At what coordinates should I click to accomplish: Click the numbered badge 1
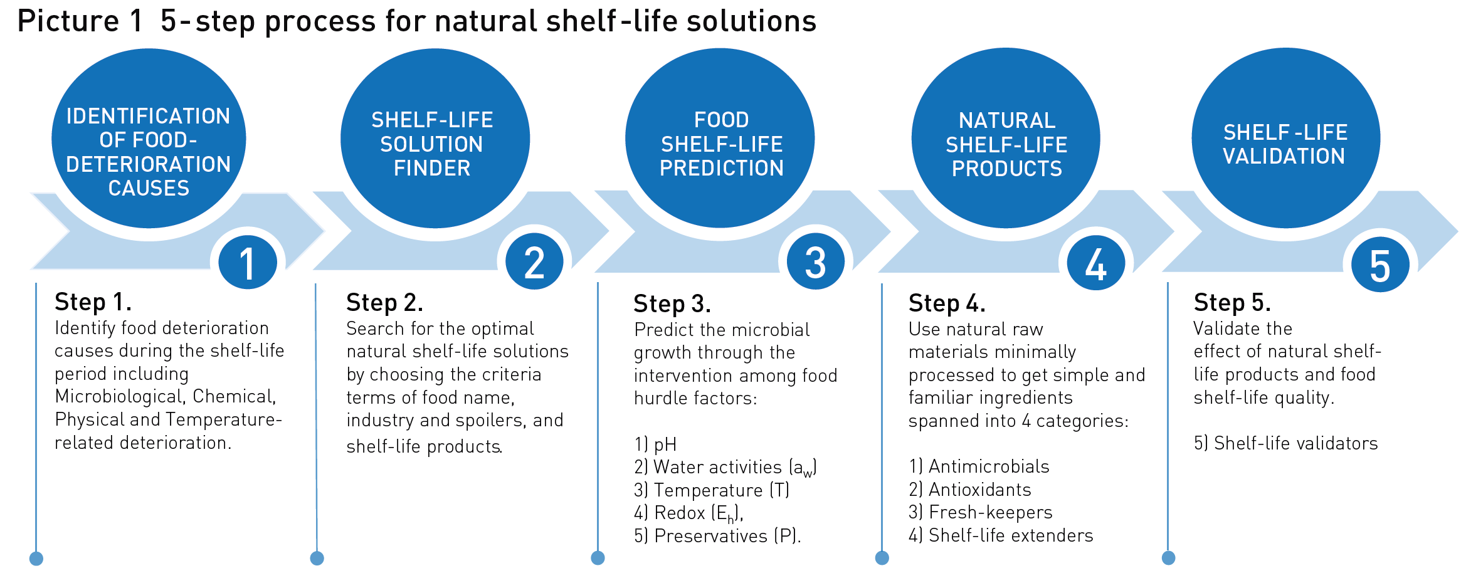tap(248, 262)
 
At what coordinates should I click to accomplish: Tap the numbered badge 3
tap(815, 262)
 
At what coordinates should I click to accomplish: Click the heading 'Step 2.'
tap(384, 303)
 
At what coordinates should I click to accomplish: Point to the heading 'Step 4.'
tap(947, 303)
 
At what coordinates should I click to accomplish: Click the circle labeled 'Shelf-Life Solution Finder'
tap(435, 139)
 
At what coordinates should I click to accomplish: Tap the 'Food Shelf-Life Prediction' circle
tap(720, 139)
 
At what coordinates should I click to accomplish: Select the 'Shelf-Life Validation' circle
tap(1285, 139)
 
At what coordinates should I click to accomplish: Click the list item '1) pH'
tap(655, 444)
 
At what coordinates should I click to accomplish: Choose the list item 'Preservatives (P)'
tap(717, 536)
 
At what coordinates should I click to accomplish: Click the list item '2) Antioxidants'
tap(970, 490)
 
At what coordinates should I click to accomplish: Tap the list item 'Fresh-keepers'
tap(981, 512)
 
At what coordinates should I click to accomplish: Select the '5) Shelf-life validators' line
tap(1285, 443)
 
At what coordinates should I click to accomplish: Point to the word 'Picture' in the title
tap(68, 21)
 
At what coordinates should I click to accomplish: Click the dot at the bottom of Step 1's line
tap(36, 559)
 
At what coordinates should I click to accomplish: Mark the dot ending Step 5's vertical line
tap(1168, 558)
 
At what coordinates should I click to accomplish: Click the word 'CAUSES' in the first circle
tap(149, 188)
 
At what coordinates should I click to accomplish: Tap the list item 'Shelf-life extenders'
tap(1001, 535)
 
